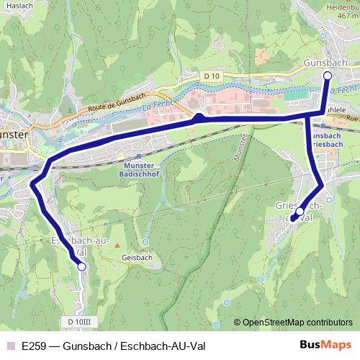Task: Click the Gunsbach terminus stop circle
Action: (x=327, y=75)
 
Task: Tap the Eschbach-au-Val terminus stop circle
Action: (x=81, y=266)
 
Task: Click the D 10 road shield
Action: (x=210, y=76)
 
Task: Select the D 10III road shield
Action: (x=81, y=321)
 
